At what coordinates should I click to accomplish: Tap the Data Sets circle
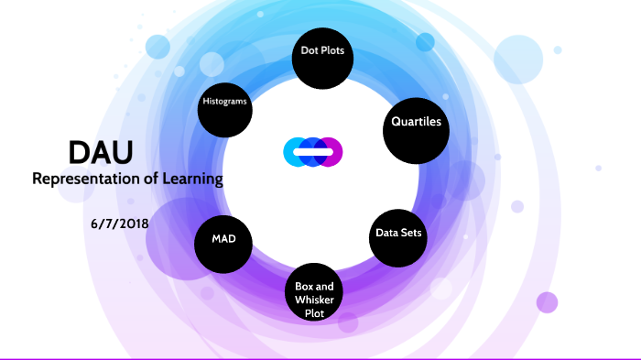point(399,234)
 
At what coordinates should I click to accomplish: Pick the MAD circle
point(224,240)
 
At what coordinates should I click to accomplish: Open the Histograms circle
point(225,103)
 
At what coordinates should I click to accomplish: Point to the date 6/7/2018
point(121,223)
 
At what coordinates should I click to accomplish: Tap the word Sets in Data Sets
point(411,234)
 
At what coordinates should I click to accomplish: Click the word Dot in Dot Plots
point(310,51)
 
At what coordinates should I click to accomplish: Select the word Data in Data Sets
point(387,234)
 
